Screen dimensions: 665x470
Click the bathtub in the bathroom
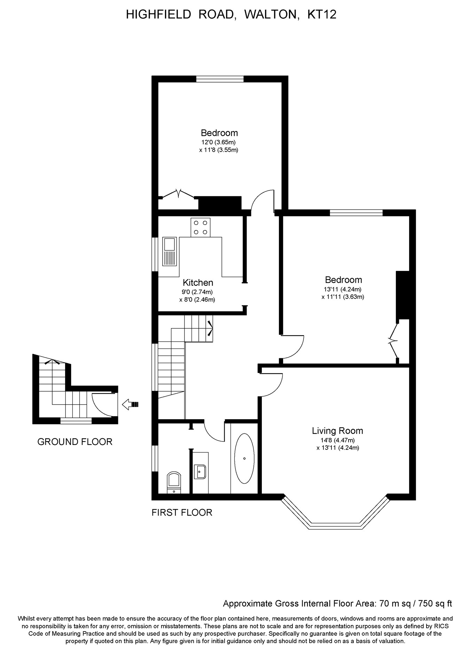tap(244, 458)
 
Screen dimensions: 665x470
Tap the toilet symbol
tap(174, 482)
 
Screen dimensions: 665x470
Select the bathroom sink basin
tap(201, 472)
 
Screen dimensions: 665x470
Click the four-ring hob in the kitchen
tap(201, 227)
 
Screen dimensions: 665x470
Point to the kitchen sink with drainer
tap(170, 251)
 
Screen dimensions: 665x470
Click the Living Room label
tap(337, 431)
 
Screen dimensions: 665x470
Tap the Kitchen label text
tap(198, 283)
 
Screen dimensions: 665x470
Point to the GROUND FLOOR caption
tap(75, 442)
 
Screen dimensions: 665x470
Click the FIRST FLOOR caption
tap(182, 513)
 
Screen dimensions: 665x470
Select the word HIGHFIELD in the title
tap(158, 14)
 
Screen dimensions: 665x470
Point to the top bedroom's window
tap(220, 79)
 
